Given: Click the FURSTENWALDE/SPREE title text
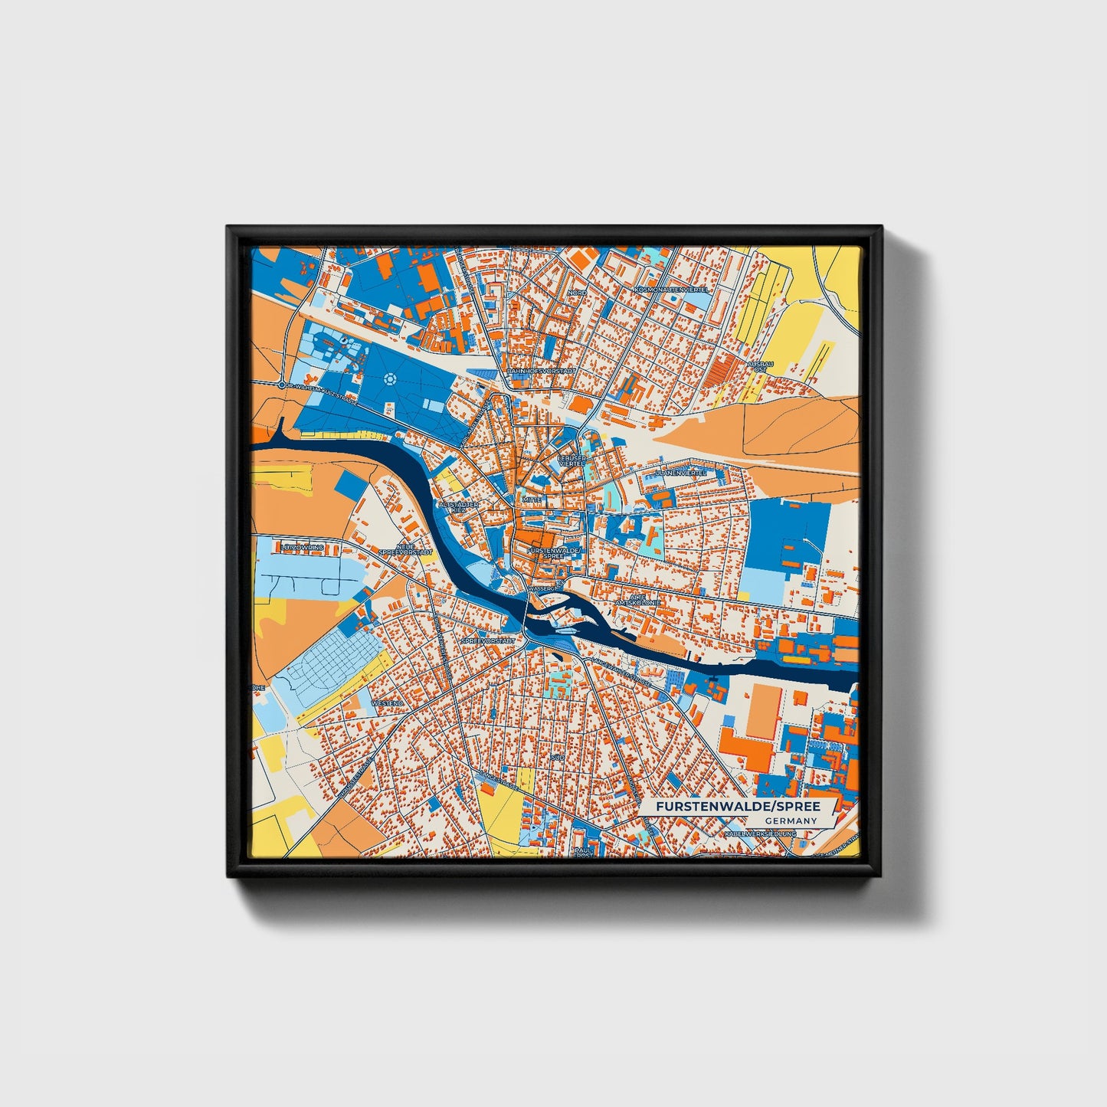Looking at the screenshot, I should point(738,807).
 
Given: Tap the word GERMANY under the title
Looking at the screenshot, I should point(791,821).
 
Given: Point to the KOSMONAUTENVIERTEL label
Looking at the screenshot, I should point(673,290).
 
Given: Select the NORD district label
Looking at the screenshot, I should point(577,293).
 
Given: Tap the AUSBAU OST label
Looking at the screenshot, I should point(760,366).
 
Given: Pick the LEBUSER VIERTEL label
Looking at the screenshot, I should point(572,461).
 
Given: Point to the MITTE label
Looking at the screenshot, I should point(532,499).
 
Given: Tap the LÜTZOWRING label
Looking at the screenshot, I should point(303,548).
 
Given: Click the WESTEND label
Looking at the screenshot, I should point(387,703).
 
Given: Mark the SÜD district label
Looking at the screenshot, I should point(557,757).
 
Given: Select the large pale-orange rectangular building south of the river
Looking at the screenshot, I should point(764,712).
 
